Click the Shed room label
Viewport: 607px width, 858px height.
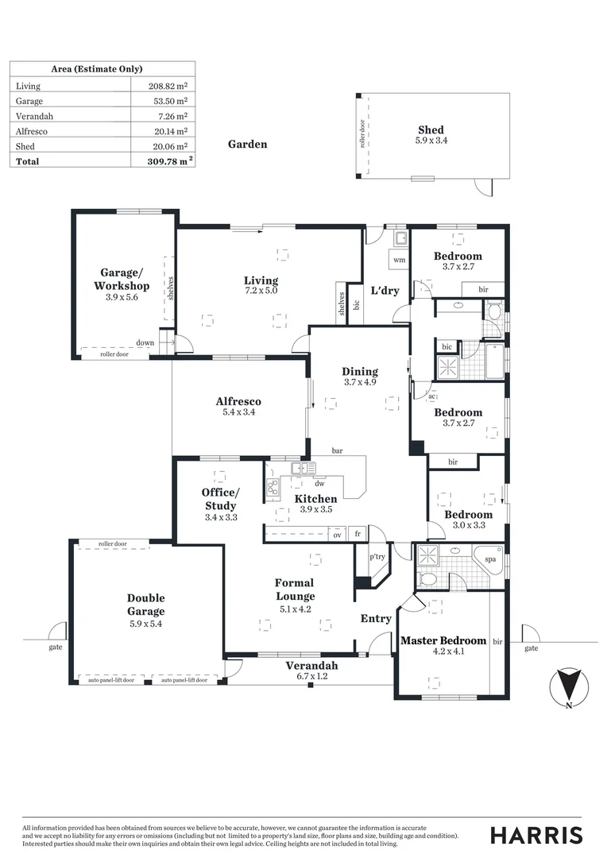point(431,130)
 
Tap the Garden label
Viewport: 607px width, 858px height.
point(248,145)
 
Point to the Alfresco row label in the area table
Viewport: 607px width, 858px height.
point(31,131)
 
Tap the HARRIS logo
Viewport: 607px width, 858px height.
point(535,835)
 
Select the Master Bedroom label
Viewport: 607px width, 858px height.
point(443,640)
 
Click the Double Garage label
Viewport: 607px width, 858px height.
point(146,605)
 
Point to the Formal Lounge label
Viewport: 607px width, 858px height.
point(295,589)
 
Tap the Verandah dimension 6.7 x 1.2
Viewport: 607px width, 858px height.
point(312,676)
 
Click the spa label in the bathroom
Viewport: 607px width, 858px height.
point(491,559)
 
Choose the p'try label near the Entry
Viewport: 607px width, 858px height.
point(377,557)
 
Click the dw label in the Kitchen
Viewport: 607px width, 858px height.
point(320,483)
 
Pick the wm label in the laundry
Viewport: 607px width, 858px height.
point(399,260)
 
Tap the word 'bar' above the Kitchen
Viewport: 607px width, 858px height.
point(337,451)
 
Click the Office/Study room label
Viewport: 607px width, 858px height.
point(220,498)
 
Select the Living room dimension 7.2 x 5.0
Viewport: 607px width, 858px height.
point(261,292)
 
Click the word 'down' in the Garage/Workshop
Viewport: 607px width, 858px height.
point(145,343)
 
